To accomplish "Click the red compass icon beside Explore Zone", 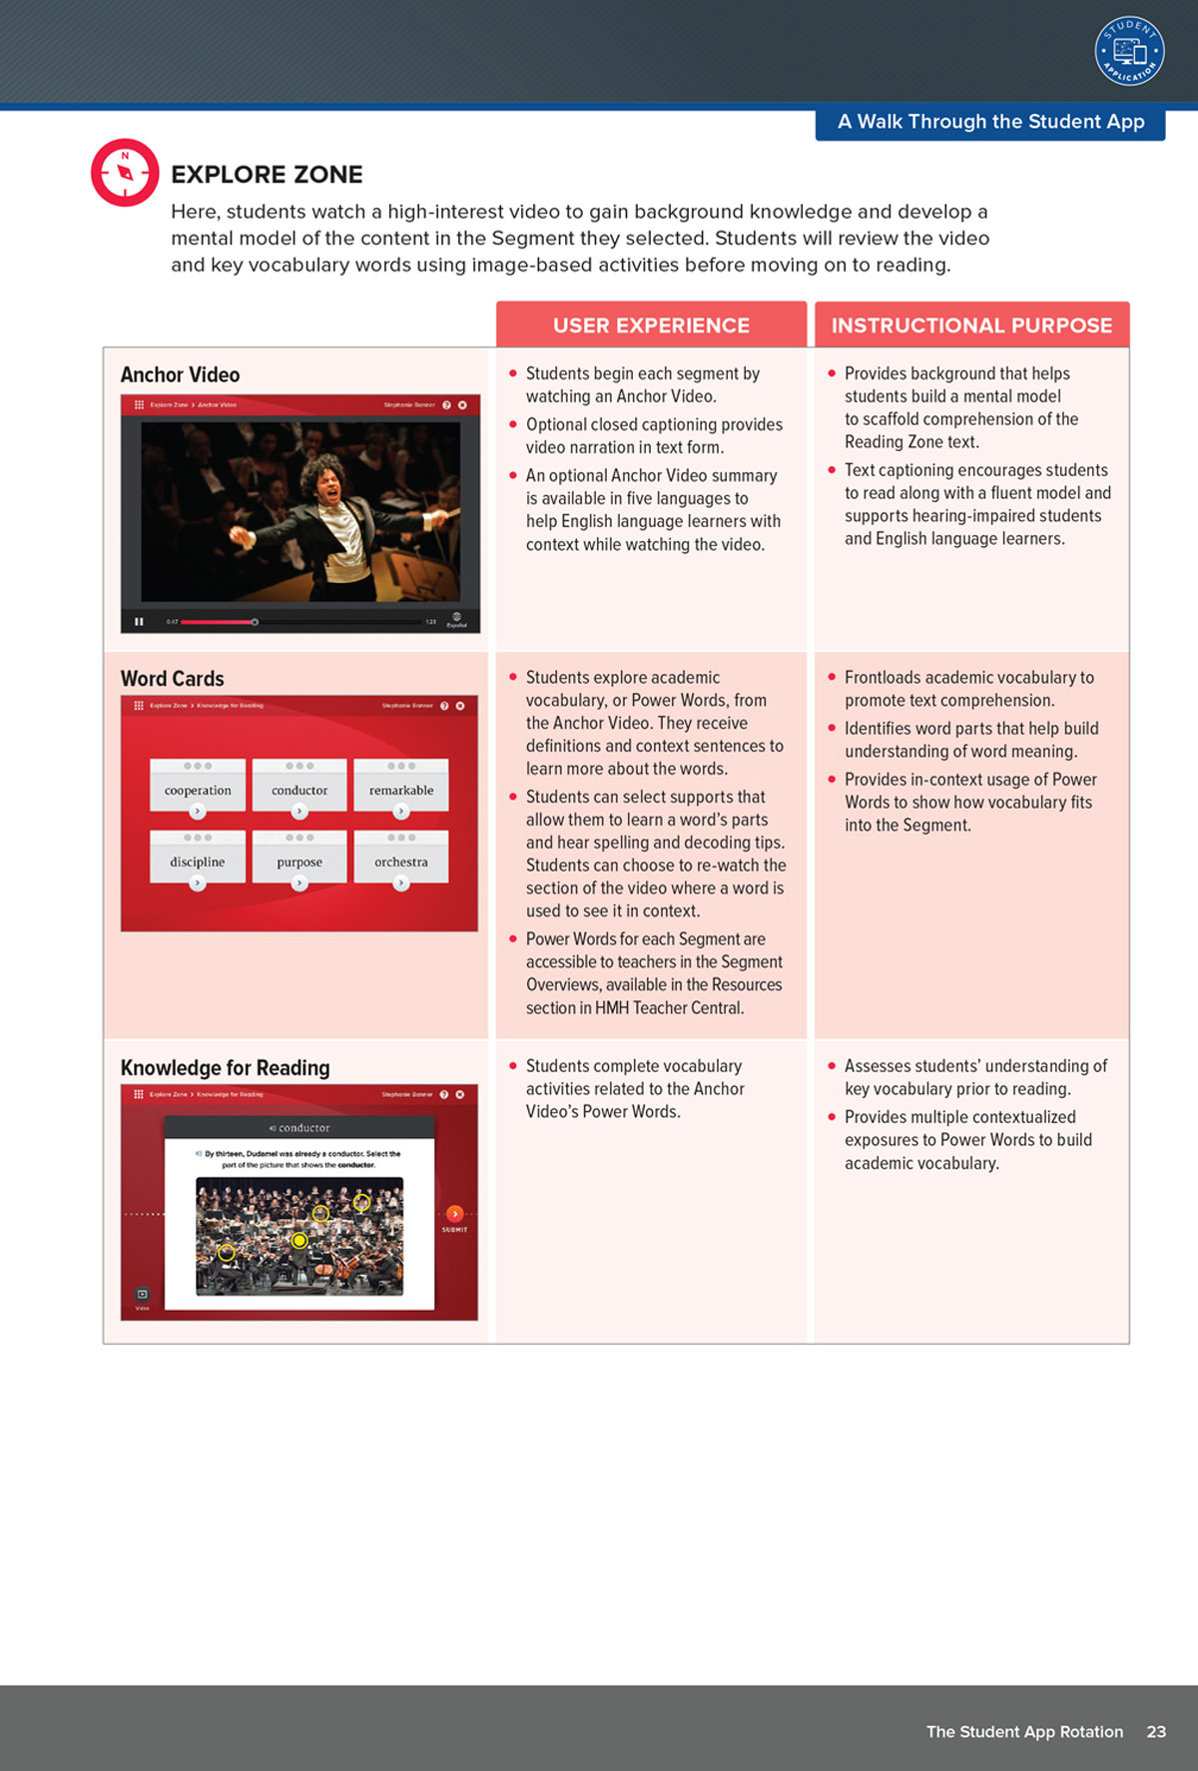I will pos(125,173).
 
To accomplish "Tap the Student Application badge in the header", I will pos(1129,51).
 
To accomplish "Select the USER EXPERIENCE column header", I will pos(651,325).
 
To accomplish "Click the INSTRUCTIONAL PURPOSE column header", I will pos(971,325).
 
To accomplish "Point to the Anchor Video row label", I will pos(180,375).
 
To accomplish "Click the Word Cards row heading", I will pos(172,679).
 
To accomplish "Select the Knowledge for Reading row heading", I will pos(225,1068).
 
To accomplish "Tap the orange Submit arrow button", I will pos(454,1214).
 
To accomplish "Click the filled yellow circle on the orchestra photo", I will pos(299,1240).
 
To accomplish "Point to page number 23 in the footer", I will pos(1156,1731).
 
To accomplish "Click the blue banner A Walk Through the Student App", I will pos(990,123).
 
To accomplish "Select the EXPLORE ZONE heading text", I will pos(267,175).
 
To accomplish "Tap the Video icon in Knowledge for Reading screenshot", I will pos(142,1295).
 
